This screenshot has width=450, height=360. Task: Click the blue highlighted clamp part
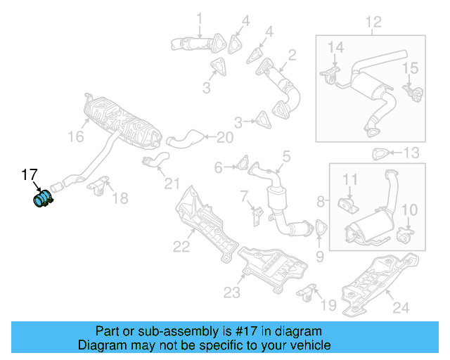(x=43, y=199)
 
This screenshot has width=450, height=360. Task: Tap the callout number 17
(x=28, y=174)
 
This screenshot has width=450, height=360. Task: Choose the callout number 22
(x=181, y=245)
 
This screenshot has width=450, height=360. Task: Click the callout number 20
(x=224, y=136)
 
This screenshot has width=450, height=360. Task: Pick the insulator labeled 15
(x=413, y=91)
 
